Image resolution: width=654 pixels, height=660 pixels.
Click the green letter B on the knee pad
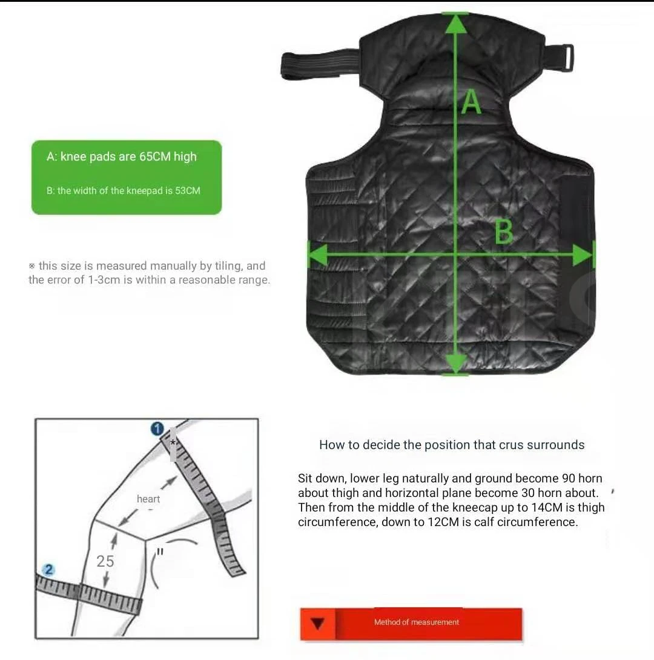pos(504,232)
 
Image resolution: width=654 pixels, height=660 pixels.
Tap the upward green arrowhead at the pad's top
pos(456,24)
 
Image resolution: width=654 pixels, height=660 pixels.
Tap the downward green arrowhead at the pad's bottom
pos(456,363)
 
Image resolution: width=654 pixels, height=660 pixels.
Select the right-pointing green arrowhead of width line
pos(583,255)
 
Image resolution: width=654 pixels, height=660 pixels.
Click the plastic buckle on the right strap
pos(564,58)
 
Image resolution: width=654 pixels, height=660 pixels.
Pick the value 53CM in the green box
pos(188,191)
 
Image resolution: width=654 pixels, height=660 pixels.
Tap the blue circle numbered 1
pos(157,429)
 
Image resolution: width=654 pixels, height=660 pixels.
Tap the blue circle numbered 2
pos(49,570)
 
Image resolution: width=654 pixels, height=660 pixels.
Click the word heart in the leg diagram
pos(148,499)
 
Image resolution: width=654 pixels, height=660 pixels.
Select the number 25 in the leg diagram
pos(105,561)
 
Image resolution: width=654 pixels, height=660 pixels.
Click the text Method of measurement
pos(417,622)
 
